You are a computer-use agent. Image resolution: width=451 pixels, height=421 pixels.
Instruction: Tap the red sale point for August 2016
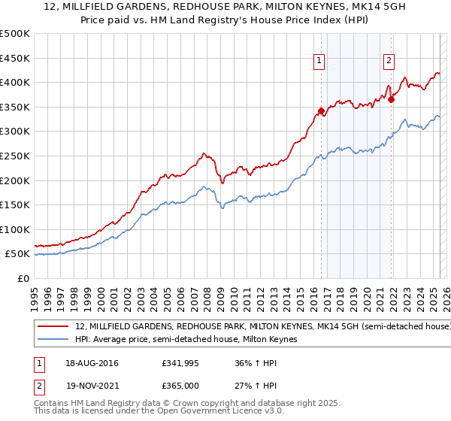click(321, 111)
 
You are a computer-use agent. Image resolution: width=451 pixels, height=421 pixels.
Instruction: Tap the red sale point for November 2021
click(392, 99)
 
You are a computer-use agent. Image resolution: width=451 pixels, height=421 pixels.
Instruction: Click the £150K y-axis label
click(15, 204)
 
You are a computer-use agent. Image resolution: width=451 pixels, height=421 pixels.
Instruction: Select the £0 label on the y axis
click(23, 278)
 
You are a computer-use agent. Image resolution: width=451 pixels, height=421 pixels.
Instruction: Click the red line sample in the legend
click(54, 327)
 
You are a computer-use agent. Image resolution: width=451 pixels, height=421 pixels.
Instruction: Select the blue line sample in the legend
click(54, 340)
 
